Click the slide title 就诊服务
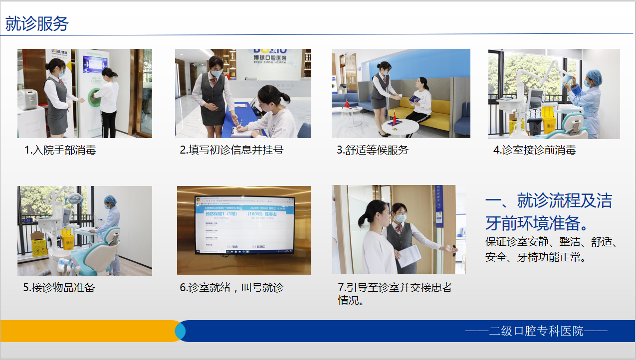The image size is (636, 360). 37,23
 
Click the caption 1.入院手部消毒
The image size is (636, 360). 60,150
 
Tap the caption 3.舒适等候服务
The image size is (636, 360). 372,150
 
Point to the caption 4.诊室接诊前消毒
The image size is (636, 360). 534,150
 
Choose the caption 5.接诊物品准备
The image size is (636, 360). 59,288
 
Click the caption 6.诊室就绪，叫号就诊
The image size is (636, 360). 231,288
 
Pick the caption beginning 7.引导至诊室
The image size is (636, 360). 395,288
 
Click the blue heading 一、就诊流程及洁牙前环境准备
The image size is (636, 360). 549,210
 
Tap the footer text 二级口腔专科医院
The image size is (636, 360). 536,331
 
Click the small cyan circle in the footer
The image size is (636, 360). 180,331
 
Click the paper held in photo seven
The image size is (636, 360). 409,255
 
